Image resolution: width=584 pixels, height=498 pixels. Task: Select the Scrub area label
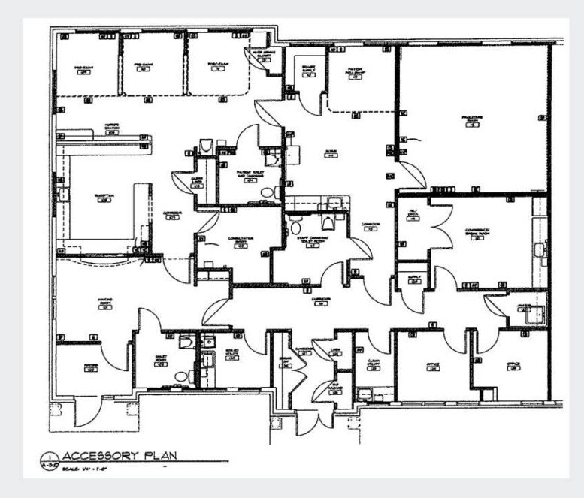click(330, 152)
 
